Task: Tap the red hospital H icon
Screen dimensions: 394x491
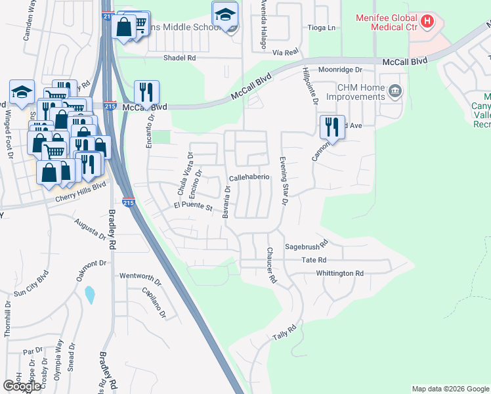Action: pyautogui.click(x=427, y=21)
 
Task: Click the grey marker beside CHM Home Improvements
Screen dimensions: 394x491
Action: pyautogui.click(x=395, y=91)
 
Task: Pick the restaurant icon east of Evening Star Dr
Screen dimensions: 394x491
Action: pyautogui.click(x=332, y=126)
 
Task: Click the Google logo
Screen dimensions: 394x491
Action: pyautogui.click(x=22, y=386)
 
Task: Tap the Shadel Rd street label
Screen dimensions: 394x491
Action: pyautogui.click(x=180, y=58)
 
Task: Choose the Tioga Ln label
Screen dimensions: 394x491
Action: pyautogui.click(x=322, y=28)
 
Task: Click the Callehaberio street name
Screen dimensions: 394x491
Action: pyautogui.click(x=249, y=178)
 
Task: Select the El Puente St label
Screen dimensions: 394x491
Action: pyautogui.click(x=193, y=208)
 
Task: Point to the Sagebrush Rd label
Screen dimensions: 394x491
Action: pyautogui.click(x=306, y=248)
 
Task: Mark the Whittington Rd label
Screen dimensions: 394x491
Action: pyautogui.click(x=339, y=273)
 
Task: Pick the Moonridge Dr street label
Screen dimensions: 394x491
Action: pyautogui.click(x=341, y=70)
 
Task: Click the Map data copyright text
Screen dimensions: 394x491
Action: pyautogui.click(x=450, y=389)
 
